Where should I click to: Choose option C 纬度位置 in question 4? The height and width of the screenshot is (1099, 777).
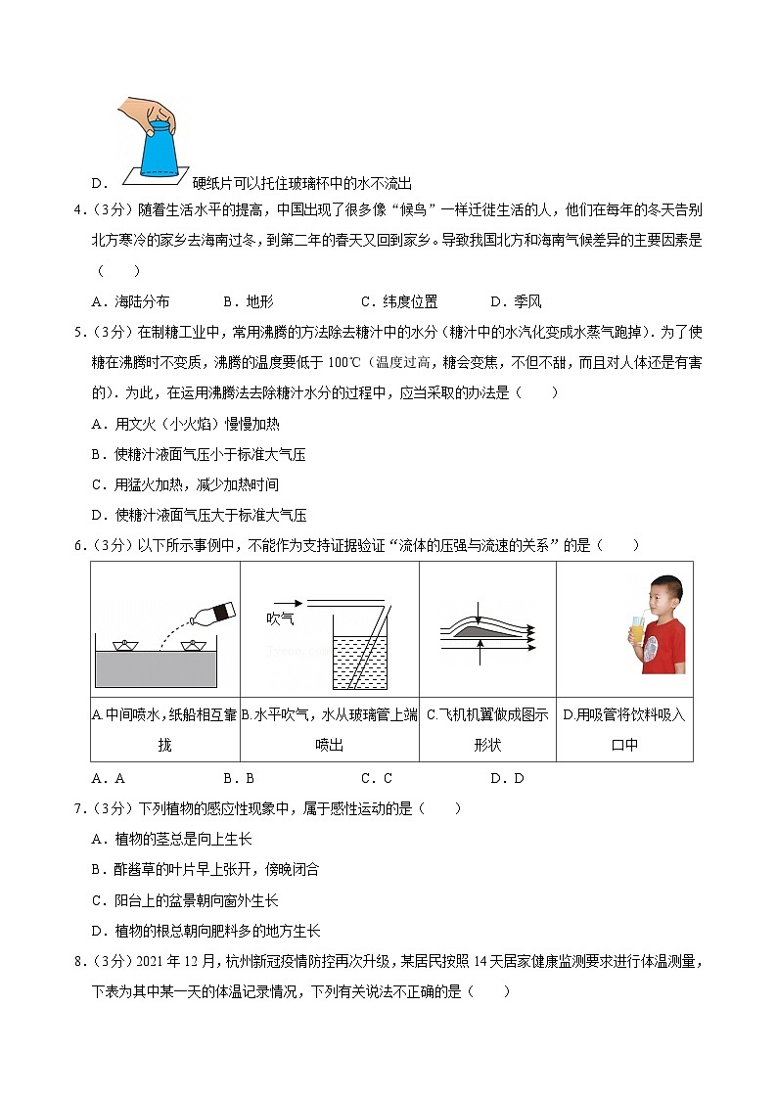point(399,301)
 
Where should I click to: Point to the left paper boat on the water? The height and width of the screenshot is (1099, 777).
point(124,645)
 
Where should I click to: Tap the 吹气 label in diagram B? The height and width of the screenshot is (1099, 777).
point(280,618)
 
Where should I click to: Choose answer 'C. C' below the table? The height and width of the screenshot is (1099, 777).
point(377,779)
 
